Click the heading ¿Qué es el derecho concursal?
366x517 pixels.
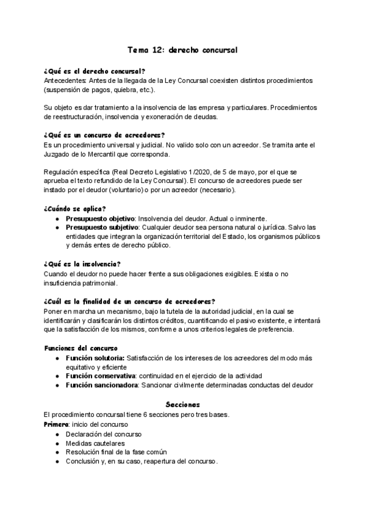tap(95, 71)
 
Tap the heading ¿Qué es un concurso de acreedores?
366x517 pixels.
tap(105, 135)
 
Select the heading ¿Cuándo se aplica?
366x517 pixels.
tap(75, 208)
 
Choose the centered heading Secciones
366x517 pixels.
tap(183, 404)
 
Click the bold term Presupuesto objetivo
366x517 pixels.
tap(100, 218)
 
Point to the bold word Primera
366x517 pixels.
tap(57, 424)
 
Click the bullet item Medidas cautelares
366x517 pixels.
tap(95, 443)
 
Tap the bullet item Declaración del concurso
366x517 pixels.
tap(104, 433)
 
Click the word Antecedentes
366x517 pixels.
tap(65, 80)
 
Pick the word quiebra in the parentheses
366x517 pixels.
tap(125, 90)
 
